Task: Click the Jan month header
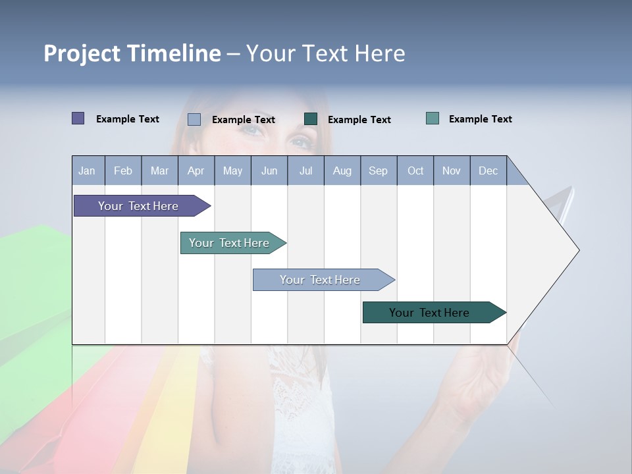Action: [87, 171]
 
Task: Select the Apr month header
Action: [196, 171]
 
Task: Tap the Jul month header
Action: [305, 171]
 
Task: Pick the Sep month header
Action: [378, 171]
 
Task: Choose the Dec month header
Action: [488, 171]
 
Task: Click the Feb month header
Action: [123, 171]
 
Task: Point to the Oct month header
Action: [415, 171]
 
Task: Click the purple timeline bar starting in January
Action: [138, 206]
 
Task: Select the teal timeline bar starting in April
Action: [229, 243]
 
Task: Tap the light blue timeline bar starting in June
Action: [320, 280]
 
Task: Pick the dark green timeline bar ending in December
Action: [429, 313]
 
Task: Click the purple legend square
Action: [78, 118]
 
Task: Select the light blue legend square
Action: [194, 119]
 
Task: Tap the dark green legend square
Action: [311, 119]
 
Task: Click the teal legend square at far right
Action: [433, 118]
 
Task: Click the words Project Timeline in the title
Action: [132, 53]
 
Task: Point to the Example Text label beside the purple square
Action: [128, 119]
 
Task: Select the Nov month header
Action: [452, 171]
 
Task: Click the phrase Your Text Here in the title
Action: [325, 53]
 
